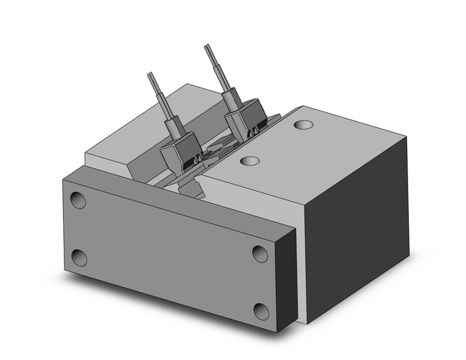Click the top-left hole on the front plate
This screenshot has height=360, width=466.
[78, 201]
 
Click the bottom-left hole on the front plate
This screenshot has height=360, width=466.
[79, 258]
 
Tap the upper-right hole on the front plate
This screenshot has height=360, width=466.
[260, 253]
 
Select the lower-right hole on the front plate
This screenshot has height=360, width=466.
[262, 312]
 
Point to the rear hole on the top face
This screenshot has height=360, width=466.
[302, 124]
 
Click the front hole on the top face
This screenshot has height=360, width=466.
[248, 161]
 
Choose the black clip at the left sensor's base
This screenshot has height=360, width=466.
[190, 165]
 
